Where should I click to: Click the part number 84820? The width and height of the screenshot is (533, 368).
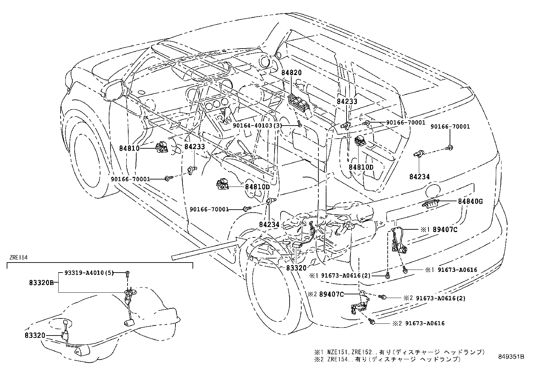pos(291,73)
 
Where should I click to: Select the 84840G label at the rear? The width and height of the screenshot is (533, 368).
pos(470,202)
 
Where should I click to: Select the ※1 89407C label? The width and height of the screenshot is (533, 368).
pos(439,230)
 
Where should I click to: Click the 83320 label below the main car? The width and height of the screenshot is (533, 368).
pos(296,268)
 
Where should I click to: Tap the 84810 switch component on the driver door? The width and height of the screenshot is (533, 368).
pos(162,147)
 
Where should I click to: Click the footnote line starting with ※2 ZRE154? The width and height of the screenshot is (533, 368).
pos(387,359)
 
